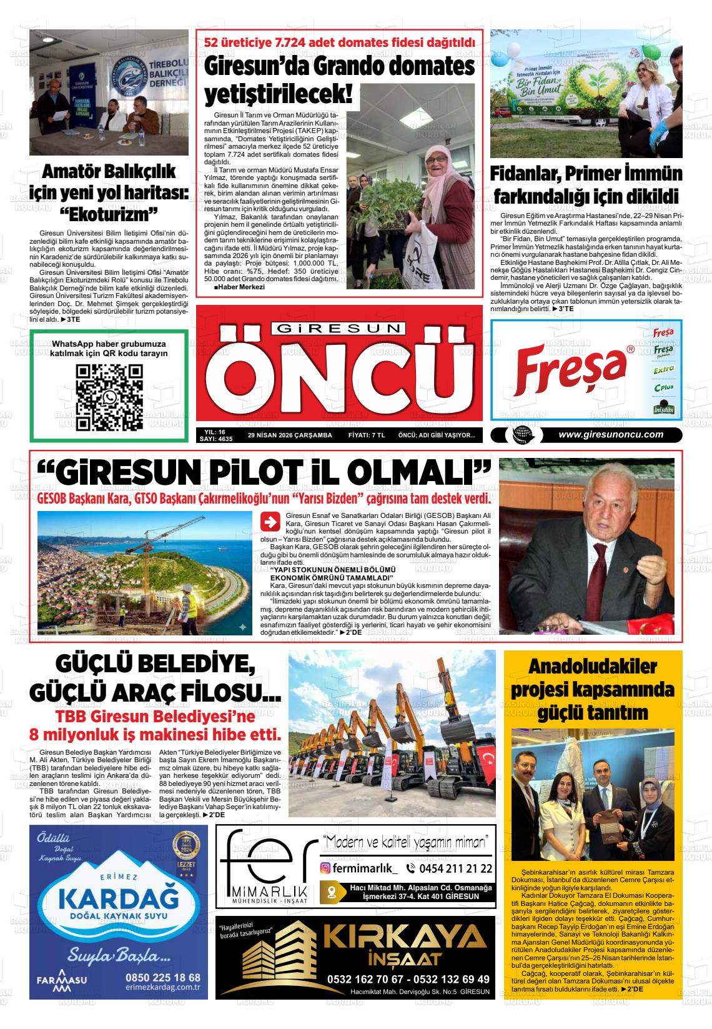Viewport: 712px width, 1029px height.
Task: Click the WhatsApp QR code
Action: [109, 398]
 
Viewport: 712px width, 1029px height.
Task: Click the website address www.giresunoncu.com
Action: [610, 435]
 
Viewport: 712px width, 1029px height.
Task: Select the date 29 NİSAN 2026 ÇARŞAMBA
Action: [290, 435]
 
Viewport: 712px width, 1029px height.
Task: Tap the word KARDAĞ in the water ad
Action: [118, 900]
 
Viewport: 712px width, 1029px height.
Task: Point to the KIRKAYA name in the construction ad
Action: [407, 937]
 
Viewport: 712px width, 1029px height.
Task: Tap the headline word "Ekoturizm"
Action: [109, 214]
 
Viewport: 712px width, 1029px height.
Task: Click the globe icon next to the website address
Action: [519, 435]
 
